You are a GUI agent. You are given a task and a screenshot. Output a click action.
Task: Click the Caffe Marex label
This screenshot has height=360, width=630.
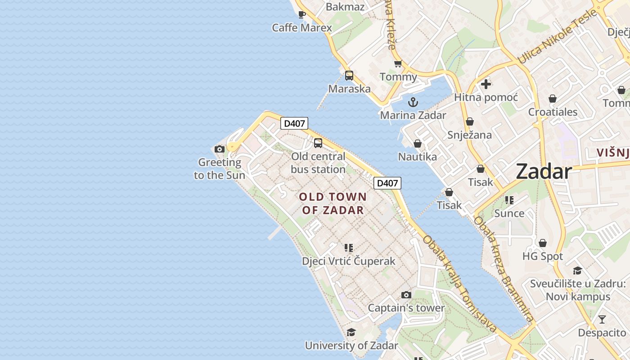[x=302, y=28]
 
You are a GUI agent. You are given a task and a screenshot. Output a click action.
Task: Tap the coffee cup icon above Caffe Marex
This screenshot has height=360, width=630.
[x=302, y=14]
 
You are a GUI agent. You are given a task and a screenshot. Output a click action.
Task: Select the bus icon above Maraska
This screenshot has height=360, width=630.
[x=349, y=76]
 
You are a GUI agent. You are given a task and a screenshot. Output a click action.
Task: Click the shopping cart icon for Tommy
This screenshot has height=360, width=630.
[x=398, y=64]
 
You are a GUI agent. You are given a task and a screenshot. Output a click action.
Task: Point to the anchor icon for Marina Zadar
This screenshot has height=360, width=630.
[x=413, y=102]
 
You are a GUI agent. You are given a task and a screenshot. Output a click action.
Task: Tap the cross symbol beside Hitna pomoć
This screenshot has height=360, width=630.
[x=486, y=84]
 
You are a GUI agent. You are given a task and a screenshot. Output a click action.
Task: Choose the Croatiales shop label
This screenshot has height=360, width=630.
[x=553, y=112]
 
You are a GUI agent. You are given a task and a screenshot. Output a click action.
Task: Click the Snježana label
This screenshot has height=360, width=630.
[x=469, y=135]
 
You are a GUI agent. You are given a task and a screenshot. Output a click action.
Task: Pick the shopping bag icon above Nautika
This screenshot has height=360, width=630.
[x=418, y=144]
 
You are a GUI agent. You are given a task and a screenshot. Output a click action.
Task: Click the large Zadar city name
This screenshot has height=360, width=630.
[x=544, y=171]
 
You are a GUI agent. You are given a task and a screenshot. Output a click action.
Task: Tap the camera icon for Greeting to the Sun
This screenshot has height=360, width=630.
[x=220, y=149]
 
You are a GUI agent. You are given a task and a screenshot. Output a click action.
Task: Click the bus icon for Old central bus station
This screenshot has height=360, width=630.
[x=318, y=143]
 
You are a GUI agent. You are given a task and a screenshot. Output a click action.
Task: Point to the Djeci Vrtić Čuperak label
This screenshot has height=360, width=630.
[x=348, y=261]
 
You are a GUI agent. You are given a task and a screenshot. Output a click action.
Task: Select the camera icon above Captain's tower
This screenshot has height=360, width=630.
[x=406, y=295]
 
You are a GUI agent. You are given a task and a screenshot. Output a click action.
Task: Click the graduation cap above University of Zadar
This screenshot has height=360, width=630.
[x=351, y=332]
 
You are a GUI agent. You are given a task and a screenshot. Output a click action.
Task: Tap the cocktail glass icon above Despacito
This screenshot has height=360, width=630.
[x=602, y=319]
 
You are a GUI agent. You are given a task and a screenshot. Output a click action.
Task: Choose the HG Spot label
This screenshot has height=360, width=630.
[x=543, y=256]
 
